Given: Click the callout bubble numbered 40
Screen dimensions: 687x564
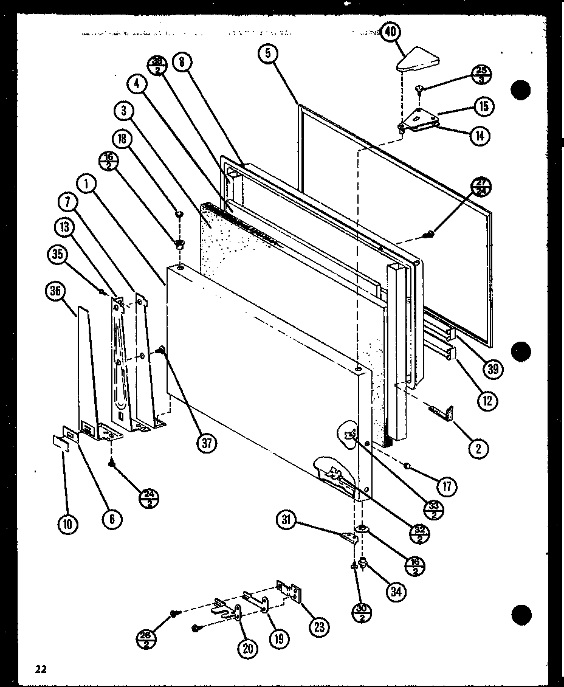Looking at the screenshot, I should (389, 31).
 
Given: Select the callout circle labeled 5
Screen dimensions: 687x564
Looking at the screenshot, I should (268, 54).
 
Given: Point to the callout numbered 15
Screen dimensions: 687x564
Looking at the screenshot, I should (484, 107).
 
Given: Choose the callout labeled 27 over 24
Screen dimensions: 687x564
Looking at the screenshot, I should (481, 188).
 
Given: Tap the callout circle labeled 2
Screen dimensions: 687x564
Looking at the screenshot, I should (478, 449).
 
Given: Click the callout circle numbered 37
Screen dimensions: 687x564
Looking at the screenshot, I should (206, 443).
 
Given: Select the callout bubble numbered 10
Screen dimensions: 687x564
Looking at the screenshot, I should (68, 523).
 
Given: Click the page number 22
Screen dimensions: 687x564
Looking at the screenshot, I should (41, 669).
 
